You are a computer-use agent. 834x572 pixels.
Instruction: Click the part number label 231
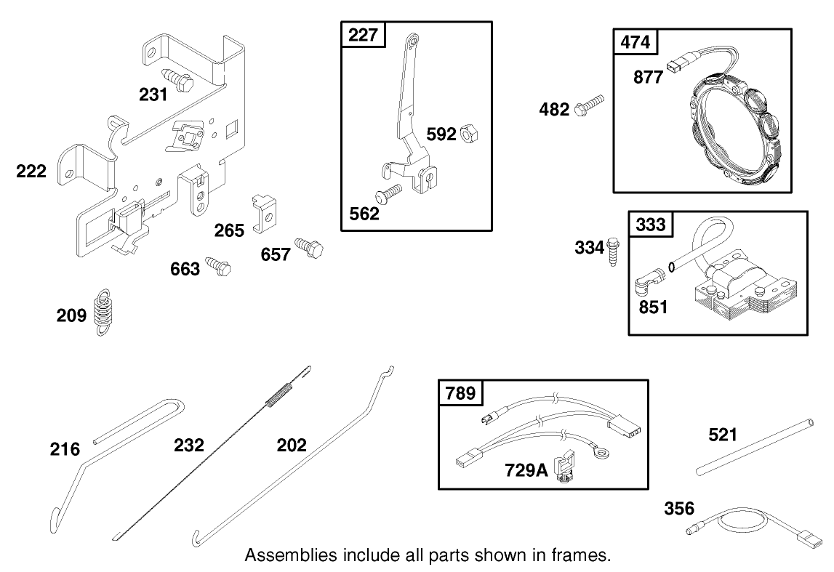tap(153, 94)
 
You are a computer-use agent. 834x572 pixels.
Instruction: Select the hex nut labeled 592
tap(468, 134)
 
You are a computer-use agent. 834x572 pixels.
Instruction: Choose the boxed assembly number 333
tap(650, 225)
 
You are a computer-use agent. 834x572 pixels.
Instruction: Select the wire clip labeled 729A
tap(565, 468)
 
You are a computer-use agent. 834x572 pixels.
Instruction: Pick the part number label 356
tap(678, 508)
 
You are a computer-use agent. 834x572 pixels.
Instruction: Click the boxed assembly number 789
tap(460, 393)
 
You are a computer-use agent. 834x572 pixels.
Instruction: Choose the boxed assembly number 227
tap(363, 36)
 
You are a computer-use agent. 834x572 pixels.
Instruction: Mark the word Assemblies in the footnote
tap(290, 556)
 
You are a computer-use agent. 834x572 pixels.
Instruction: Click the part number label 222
tap(31, 172)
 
